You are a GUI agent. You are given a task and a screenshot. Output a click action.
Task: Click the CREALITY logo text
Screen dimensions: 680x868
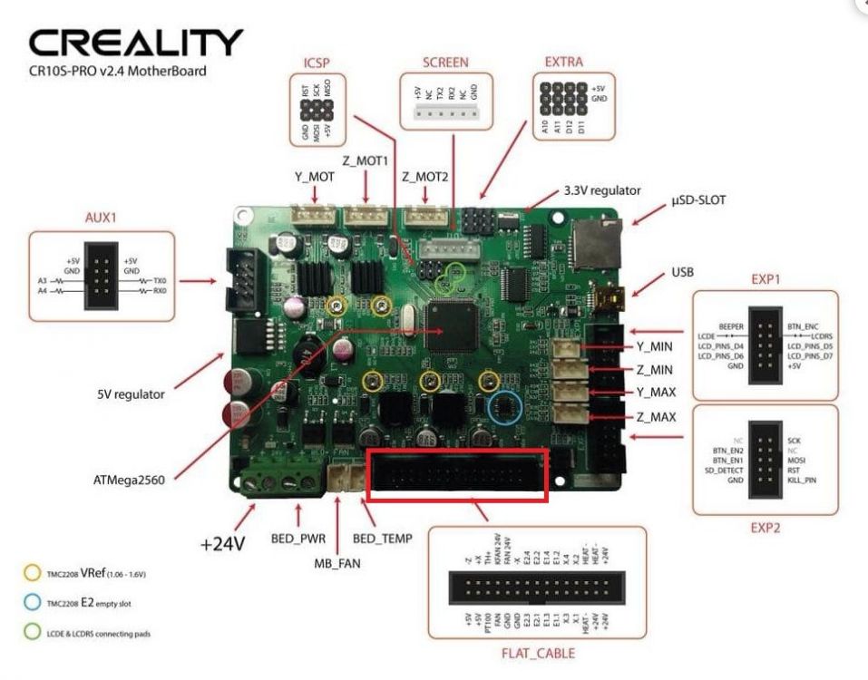click(x=136, y=43)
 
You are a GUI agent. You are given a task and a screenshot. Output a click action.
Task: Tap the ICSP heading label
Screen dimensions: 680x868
click(x=318, y=64)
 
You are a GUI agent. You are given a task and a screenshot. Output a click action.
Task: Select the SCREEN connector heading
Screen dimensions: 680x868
click(x=445, y=63)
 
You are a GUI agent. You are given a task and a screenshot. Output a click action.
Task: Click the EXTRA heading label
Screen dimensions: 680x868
click(x=563, y=63)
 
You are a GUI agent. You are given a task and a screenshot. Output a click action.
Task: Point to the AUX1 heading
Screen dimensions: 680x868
click(x=102, y=219)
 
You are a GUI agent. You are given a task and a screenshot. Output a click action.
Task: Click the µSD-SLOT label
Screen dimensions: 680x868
click(x=698, y=199)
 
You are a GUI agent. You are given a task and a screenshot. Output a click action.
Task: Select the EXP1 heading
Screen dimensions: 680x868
click(x=764, y=279)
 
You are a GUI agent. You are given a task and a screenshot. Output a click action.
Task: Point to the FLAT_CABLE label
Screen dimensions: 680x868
click(x=538, y=653)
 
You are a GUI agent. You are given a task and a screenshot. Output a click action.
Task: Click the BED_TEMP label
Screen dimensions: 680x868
click(x=382, y=539)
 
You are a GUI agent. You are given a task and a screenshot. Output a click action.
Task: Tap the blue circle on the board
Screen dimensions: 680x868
click(x=504, y=409)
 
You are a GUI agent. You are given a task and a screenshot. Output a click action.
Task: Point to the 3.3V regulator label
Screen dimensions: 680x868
click(x=602, y=190)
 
